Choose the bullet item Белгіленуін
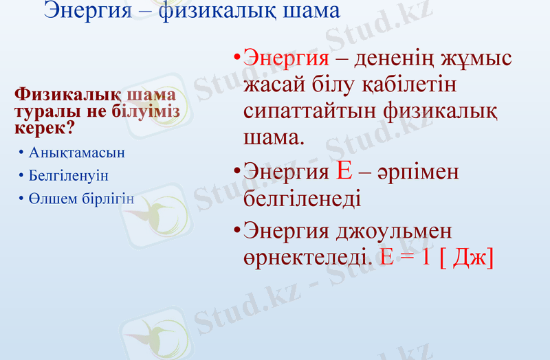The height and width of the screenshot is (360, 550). [69, 175]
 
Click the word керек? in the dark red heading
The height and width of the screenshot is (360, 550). [45, 127]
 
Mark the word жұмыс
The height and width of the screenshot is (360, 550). [478, 58]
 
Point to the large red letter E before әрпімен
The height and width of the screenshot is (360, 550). [345, 170]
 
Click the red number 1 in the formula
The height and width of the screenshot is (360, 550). [426, 257]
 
